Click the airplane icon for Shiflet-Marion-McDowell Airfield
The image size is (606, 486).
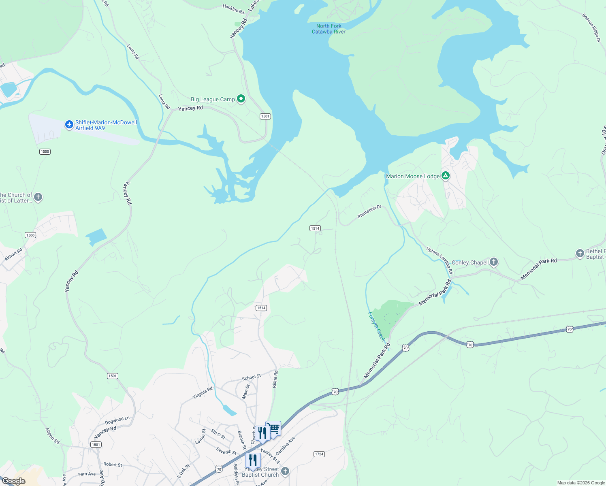pos(69,125)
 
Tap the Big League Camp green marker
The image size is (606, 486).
pos(241,99)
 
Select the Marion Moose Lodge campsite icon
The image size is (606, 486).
pos(446,176)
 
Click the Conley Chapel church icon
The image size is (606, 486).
pos(493,262)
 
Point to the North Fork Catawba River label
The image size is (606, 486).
pos(329,29)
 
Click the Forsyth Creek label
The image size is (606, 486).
pos(376,326)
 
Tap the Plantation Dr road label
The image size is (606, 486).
pos(369,212)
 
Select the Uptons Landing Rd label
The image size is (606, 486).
pos(440,260)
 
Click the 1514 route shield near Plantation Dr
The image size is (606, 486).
pos(315,228)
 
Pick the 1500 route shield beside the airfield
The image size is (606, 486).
pos(45,151)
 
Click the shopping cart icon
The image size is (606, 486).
pos(274,428)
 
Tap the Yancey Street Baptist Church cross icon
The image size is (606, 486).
pos(285,471)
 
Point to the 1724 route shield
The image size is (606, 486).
pos(319,454)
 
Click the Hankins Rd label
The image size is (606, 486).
pos(233,9)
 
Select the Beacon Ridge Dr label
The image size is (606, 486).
pos(591,28)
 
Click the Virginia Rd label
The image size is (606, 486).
pos(203,393)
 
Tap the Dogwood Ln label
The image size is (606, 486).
pos(117,420)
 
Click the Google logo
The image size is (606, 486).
pos(13,481)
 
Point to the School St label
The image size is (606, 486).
pos(251,377)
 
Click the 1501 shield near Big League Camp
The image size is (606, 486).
pos(265,116)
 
